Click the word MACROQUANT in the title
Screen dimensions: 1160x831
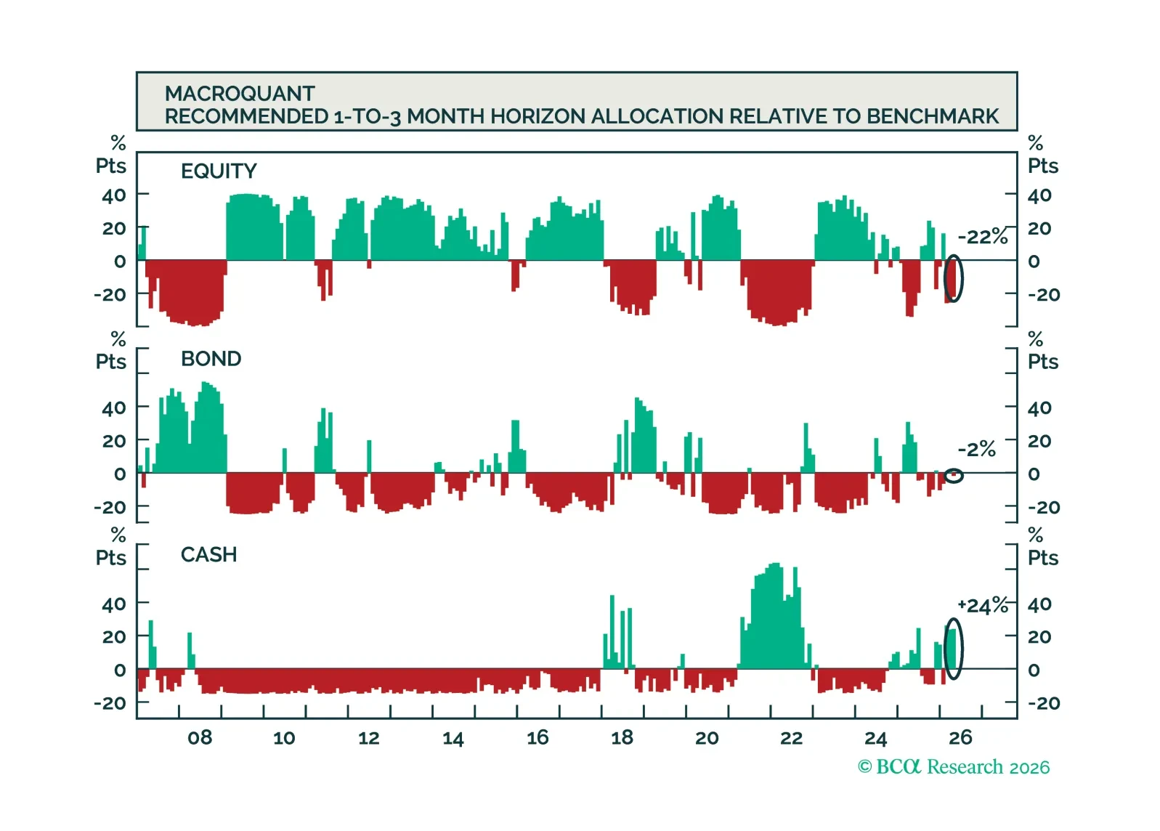click(240, 94)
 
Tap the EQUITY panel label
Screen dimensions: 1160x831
click(219, 171)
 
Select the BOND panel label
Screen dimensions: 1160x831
click(211, 359)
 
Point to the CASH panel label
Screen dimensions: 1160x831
click(208, 554)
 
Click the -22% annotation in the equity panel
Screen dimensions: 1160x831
click(982, 237)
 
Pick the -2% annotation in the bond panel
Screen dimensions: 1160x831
click(977, 449)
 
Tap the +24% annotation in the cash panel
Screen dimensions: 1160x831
click(982, 605)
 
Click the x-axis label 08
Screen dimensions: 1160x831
click(200, 737)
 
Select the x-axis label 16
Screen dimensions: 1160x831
click(538, 737)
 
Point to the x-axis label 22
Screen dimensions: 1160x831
click(791, 737)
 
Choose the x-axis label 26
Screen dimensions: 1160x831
click(961, 737)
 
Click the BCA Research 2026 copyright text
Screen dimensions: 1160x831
click(954, 767)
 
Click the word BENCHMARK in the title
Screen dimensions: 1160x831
click(933, 116)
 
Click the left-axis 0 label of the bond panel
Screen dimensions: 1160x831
click(120, 474)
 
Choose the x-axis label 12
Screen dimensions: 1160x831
click(369, 737)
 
